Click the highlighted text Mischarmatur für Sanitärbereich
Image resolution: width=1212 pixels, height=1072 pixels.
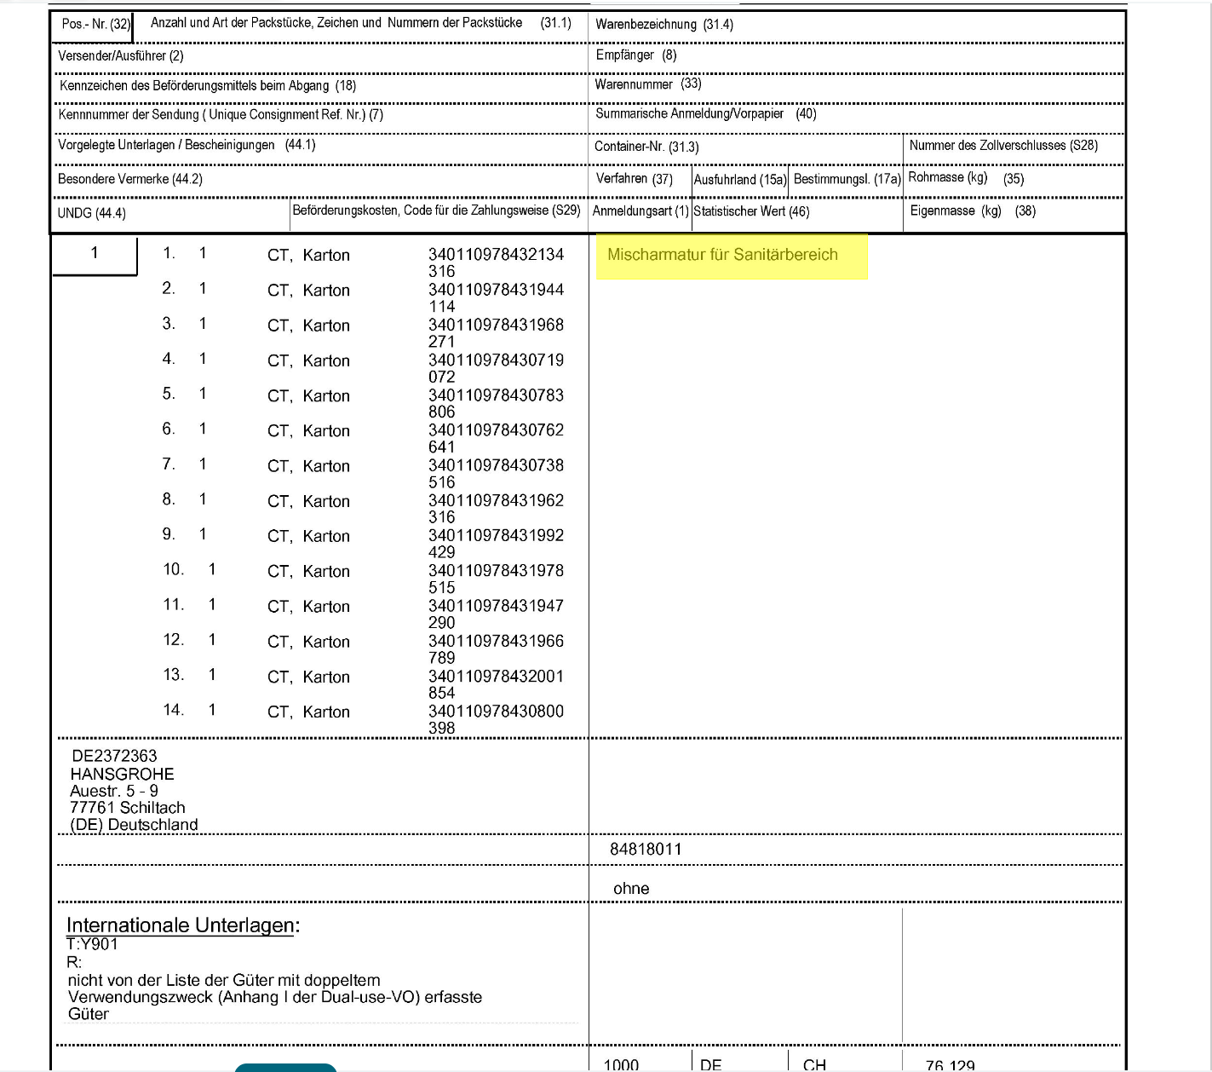(x=722, y=255)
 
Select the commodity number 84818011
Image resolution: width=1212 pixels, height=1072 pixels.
(x=646, y=849)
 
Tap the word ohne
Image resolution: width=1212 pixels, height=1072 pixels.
(x=631, y=889)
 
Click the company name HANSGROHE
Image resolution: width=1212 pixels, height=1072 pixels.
(x=122, y=774)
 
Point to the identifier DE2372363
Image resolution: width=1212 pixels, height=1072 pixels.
(x=114, y=756)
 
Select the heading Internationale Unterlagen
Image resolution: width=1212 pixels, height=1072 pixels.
(x=182, y=925)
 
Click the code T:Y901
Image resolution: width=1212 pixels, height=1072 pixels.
(x=92, y=944)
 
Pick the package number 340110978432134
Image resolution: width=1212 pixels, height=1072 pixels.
(x=496, y=254)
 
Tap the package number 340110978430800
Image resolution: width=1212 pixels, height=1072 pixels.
(x=496, y=711)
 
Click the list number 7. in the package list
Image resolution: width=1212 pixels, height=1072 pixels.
(x=169, y=464)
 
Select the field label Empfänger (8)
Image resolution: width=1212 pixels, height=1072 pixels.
(x=635, y=55)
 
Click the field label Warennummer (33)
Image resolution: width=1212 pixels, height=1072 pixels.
(x=647, y=84)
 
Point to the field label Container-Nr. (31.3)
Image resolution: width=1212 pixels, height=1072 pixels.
(x=646, y=147)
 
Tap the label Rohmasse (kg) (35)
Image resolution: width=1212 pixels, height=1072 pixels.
(x=966, y=178)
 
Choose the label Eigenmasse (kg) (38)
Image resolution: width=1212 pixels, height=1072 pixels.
(x=973, y=211)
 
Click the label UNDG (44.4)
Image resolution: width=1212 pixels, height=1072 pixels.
(x=91, y=213)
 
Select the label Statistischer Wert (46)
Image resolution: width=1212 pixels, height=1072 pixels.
(x=751, y=211)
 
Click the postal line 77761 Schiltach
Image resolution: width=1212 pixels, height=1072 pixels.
(x=127, y=807)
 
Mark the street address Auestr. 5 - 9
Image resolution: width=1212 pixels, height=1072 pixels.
(x=114, y=791)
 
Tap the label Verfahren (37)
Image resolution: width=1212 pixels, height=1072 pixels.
(x=634, y=179)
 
